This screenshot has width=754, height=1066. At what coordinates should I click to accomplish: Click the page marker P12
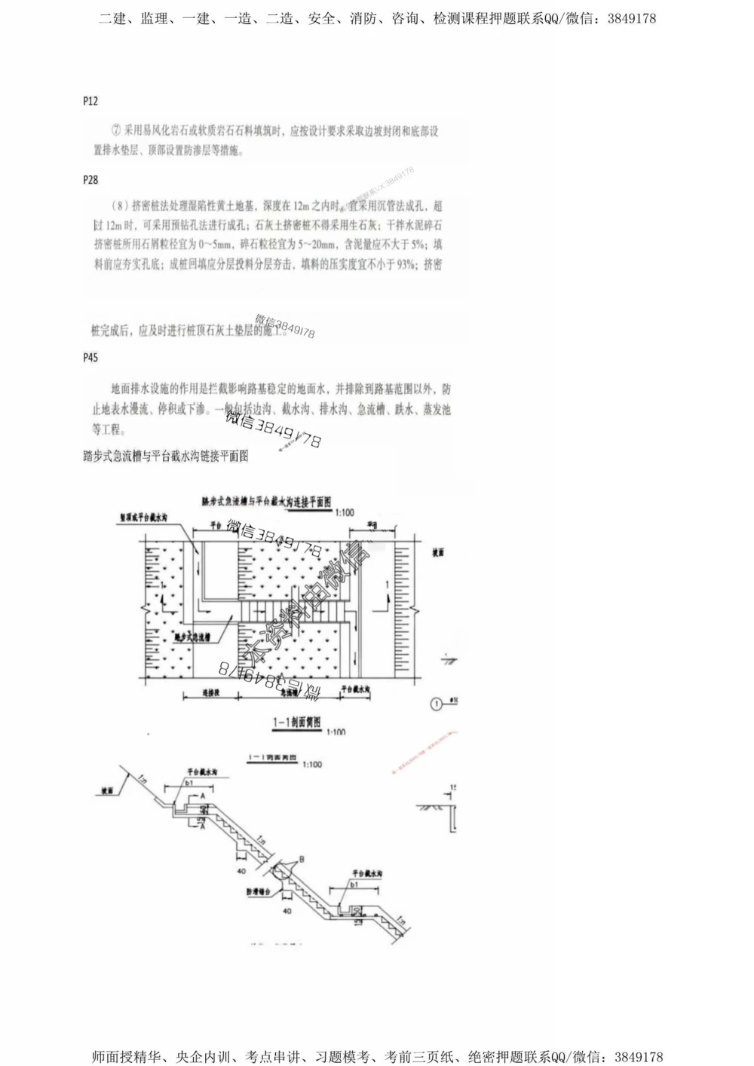point(90,101)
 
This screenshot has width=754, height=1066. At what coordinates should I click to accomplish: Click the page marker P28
point(90,180)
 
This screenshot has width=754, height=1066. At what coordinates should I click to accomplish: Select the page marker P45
point(90,357)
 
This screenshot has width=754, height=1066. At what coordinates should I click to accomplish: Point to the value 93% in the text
point(406,264)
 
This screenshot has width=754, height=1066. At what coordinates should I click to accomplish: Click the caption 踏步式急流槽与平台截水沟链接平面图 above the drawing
point(165,456)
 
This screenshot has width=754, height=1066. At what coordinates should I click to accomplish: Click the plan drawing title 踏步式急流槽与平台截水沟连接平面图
point(267,501)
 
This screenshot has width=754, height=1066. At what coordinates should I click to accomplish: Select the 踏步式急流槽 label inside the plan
point(192,636)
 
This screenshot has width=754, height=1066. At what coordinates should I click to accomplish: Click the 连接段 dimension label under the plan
point(211,690)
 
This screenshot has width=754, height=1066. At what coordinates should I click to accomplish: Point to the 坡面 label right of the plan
point(438,552)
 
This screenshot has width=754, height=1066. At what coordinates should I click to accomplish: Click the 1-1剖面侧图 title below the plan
point(296,722)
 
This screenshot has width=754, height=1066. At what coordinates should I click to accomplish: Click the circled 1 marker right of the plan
point(436,704)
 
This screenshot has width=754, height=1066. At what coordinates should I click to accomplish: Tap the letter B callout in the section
point(302,858)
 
